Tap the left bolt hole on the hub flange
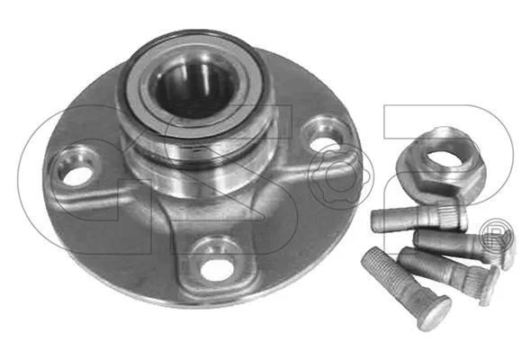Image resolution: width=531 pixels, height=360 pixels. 77,176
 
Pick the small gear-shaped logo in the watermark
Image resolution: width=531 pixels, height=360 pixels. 338,176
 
